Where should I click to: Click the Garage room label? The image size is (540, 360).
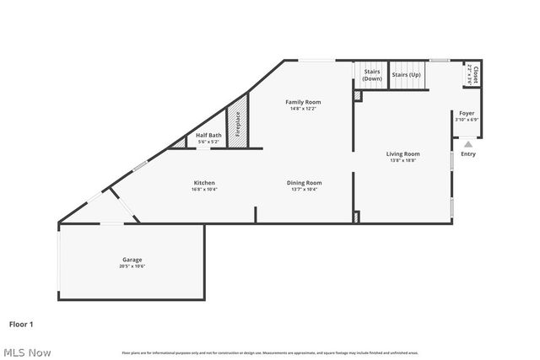point(131,260)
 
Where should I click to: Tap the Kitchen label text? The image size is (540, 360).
point(203,183)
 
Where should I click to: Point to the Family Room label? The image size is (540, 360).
point(305,102)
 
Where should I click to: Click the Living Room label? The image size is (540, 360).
point(403,154)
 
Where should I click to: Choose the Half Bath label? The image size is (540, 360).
point(208,136)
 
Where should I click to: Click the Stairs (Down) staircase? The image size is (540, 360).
point(372,76)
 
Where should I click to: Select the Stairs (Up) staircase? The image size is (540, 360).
point(407,76)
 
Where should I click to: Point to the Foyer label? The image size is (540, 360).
point(467,113)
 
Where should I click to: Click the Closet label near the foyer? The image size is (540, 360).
point(475,75)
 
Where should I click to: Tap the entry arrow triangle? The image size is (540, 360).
point(468,144)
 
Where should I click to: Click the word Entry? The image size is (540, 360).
point(468,154)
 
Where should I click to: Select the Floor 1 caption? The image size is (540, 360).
point(21,324)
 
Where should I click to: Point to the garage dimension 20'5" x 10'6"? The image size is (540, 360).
point(131,266)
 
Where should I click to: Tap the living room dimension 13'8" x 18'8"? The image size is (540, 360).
point(403,161)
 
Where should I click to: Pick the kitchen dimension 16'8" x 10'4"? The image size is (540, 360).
point(203,190)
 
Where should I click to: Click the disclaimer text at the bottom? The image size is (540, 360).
point(270,352)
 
